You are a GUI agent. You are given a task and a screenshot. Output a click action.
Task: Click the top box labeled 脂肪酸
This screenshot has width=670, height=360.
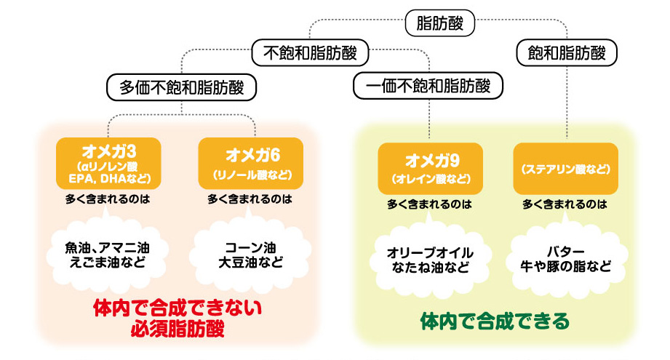click(x=439, y=23)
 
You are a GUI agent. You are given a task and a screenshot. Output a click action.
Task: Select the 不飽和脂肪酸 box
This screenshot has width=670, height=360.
click(x=311, y=53)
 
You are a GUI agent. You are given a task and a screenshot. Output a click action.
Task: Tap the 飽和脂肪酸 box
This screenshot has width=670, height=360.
click(x=566, y=53)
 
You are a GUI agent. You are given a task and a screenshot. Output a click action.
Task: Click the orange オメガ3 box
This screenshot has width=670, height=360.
click(x=108, y=163)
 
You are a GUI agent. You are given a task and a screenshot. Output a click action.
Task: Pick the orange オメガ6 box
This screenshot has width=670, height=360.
click(x=251, y=163)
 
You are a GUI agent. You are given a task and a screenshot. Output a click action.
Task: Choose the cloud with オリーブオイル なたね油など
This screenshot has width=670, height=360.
click(x=429, y=260)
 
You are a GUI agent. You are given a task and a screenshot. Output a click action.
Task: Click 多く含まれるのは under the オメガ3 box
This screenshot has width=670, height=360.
click(x=108, y=198)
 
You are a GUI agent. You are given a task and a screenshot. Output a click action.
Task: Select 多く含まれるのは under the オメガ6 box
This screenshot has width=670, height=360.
click(x=250, y=198)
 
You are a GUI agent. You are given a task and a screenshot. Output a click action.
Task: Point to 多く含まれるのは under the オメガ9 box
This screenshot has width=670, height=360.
click(x=429, y=204)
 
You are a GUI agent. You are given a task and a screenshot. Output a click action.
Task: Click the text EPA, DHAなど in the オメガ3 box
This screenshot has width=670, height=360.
click(x=108, y=177)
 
